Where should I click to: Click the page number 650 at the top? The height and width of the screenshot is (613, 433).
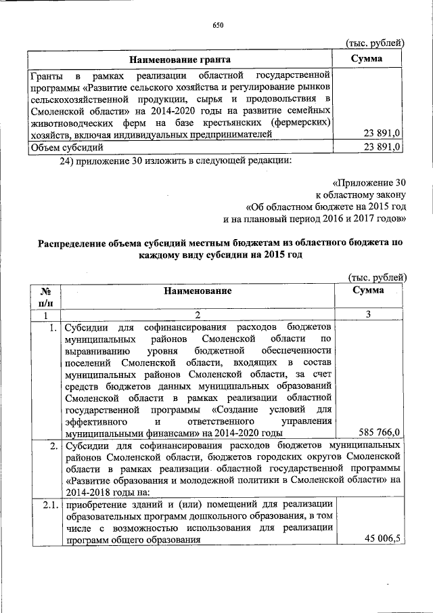pyautogui.click(x=217, y=25)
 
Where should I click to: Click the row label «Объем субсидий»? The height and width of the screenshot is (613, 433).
pyautogui.click(x=66, y=147)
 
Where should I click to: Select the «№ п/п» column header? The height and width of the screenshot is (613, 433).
pyautogui.click(x=44, y=297)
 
